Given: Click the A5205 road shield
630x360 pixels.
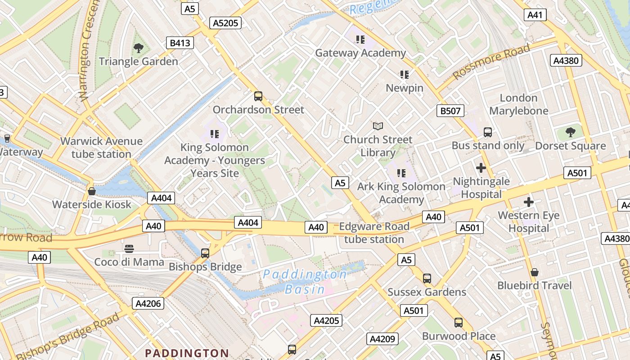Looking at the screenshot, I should tap(225, 23).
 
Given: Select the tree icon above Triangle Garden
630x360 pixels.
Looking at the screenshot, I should tap(139, 48).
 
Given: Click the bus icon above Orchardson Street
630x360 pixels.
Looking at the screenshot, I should tap(258, 96).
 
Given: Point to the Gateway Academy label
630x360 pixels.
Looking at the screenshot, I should tap(360, 53).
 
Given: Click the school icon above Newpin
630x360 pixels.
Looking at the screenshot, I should tap(404, 74).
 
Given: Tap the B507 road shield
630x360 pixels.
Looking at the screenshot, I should tap(450, 111).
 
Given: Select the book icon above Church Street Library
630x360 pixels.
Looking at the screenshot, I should tap(378, 126).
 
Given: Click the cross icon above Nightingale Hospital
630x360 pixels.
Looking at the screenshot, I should tap(481, 168).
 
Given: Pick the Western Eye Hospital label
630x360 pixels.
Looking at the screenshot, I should tap(529, 221).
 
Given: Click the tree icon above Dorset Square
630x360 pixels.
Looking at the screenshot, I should tap(571, 132).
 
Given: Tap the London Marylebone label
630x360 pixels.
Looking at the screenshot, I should tap(519, 104).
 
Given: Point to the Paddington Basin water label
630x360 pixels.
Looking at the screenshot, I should tap(305, 281).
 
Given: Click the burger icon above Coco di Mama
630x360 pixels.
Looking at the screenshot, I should tap(129, 248).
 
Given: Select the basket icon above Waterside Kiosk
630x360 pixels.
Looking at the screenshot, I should tap(92, 191).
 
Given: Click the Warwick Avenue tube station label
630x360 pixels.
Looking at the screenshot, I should tap(101, 148).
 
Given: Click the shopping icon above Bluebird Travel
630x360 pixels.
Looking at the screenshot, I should tap(535, 272).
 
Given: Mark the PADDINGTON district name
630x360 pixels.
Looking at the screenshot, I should tap(187, 353).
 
